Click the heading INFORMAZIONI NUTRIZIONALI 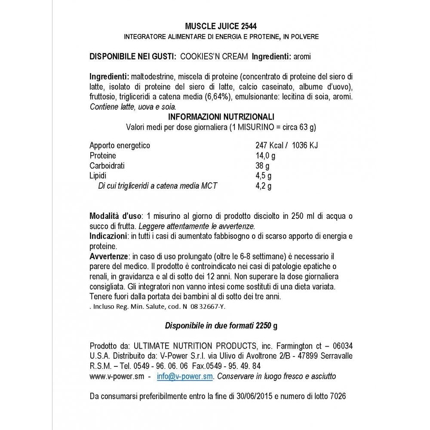click(221, 117)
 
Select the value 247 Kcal click(269, 145)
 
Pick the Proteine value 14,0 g click(266, 156)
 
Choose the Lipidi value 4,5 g click(264, 176)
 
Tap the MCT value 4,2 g click(264, 186)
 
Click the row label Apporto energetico click(120, 145)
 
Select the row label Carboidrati click(107, 166)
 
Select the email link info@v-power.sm click(185, 376)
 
